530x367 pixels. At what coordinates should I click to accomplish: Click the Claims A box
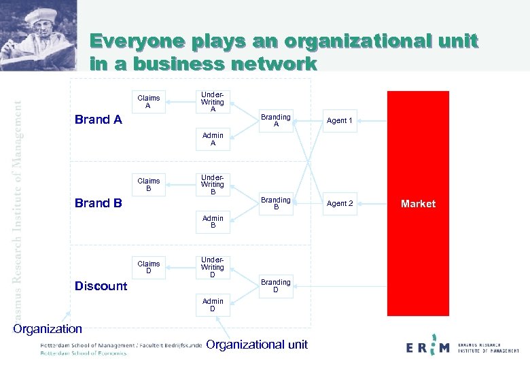click(x=149, y=102)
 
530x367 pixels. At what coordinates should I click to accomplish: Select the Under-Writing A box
click(x=213, y=101)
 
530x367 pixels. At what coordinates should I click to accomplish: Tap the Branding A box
click(x=276, y=120)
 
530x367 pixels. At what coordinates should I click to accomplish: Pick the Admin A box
click(x=213, y=139)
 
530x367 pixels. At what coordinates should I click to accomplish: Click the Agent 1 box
click(x=340, y=120)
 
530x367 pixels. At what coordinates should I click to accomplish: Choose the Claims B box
click(x=149, y=185)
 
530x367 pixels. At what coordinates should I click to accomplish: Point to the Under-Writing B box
click(x=213, y=184)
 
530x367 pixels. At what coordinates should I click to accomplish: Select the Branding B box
click(x=276, y=203)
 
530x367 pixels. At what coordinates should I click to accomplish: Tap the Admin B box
click(x=213, y=222)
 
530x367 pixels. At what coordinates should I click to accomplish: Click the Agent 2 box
click(x=340, y=203)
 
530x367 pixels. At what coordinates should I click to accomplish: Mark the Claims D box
click(x=149, y=268)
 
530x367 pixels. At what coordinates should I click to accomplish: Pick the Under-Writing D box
click(x=213, y=267)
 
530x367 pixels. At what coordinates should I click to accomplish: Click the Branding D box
click(x=276, y=286)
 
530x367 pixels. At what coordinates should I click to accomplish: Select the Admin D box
click(x=213, y=305)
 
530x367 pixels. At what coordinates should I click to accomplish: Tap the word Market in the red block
click(x=418, y=203)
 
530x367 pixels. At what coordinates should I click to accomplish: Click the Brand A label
click(x=98, y=120)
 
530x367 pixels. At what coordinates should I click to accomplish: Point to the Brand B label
click(x=98, y=203)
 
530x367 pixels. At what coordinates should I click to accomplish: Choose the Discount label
click(x=101, y=285)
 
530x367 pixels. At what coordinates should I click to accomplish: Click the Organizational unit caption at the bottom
click(x=257, y=345)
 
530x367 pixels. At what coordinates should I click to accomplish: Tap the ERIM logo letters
click(x=427, y=347)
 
